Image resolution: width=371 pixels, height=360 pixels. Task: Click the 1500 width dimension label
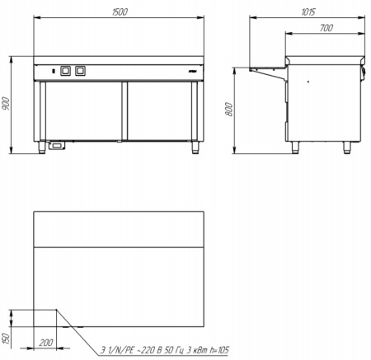[120, 12]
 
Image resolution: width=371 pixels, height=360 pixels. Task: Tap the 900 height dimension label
[6, 104]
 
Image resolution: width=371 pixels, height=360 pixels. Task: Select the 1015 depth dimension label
[308, 12]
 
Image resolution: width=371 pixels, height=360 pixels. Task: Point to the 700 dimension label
[326, 28]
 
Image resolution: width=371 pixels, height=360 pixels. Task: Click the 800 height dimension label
[229, 109]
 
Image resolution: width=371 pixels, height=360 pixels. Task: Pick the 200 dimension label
[46, 343]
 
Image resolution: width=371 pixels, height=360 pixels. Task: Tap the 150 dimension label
[6, 339]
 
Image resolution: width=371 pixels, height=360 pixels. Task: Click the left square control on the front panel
[65, 71]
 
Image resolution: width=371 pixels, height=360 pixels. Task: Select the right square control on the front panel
[80, 71]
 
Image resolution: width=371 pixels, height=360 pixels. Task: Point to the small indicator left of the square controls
[54, 71]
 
